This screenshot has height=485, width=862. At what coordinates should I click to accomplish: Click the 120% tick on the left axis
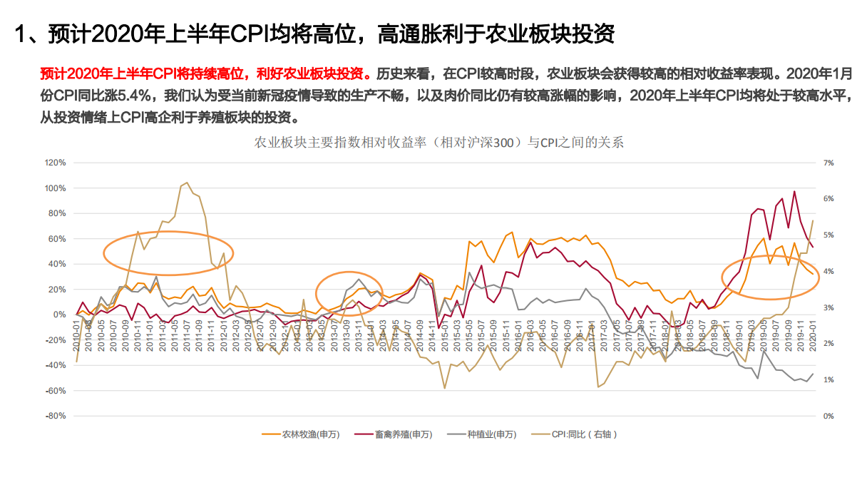click(x=56, y=163)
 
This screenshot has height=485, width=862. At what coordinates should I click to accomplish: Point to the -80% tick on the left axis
click(x=56, y=416)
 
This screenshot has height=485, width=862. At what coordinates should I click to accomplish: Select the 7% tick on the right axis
click(x=828, y=163)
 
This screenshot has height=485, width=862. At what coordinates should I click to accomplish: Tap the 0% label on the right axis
click(x=828, y=416)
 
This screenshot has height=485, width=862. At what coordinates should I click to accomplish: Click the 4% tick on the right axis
click(x=828, y=271)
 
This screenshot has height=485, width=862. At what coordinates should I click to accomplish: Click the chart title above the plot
click(x=439, y=142)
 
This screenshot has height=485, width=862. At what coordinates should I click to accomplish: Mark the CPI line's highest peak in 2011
click(x=187, y=183)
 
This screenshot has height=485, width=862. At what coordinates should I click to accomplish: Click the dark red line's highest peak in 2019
click(x=794, y=191)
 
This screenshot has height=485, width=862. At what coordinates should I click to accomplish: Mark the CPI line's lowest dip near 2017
click(x=597, y=387)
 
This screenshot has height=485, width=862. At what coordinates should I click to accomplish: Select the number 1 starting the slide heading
click(x=21, y=34)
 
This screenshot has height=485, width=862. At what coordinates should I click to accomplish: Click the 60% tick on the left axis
click(x=57, y=239)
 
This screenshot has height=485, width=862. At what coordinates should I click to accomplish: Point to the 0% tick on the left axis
click(x=61, y=315)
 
